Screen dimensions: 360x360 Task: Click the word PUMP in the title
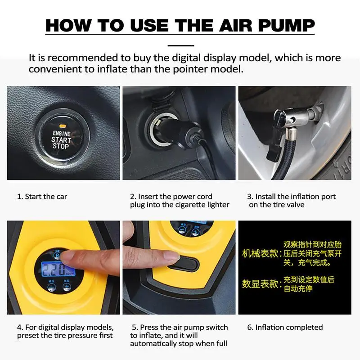coord(286,25)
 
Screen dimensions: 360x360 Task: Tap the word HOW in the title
coord(68,25)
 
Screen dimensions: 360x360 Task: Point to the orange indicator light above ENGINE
coord(63,126)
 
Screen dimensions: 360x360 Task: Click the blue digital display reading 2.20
coord(58,269)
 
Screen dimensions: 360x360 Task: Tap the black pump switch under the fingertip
coord(185,264)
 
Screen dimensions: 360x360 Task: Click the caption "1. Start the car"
coord(42,197)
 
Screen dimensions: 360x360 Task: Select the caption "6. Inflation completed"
coord(285,327)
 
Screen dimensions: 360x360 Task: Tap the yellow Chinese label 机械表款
coord(261,253)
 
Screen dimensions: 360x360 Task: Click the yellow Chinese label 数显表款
coord(261,284)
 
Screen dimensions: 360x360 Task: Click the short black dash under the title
coord(181,45)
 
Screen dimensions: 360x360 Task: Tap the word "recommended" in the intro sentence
coord(83,58)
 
